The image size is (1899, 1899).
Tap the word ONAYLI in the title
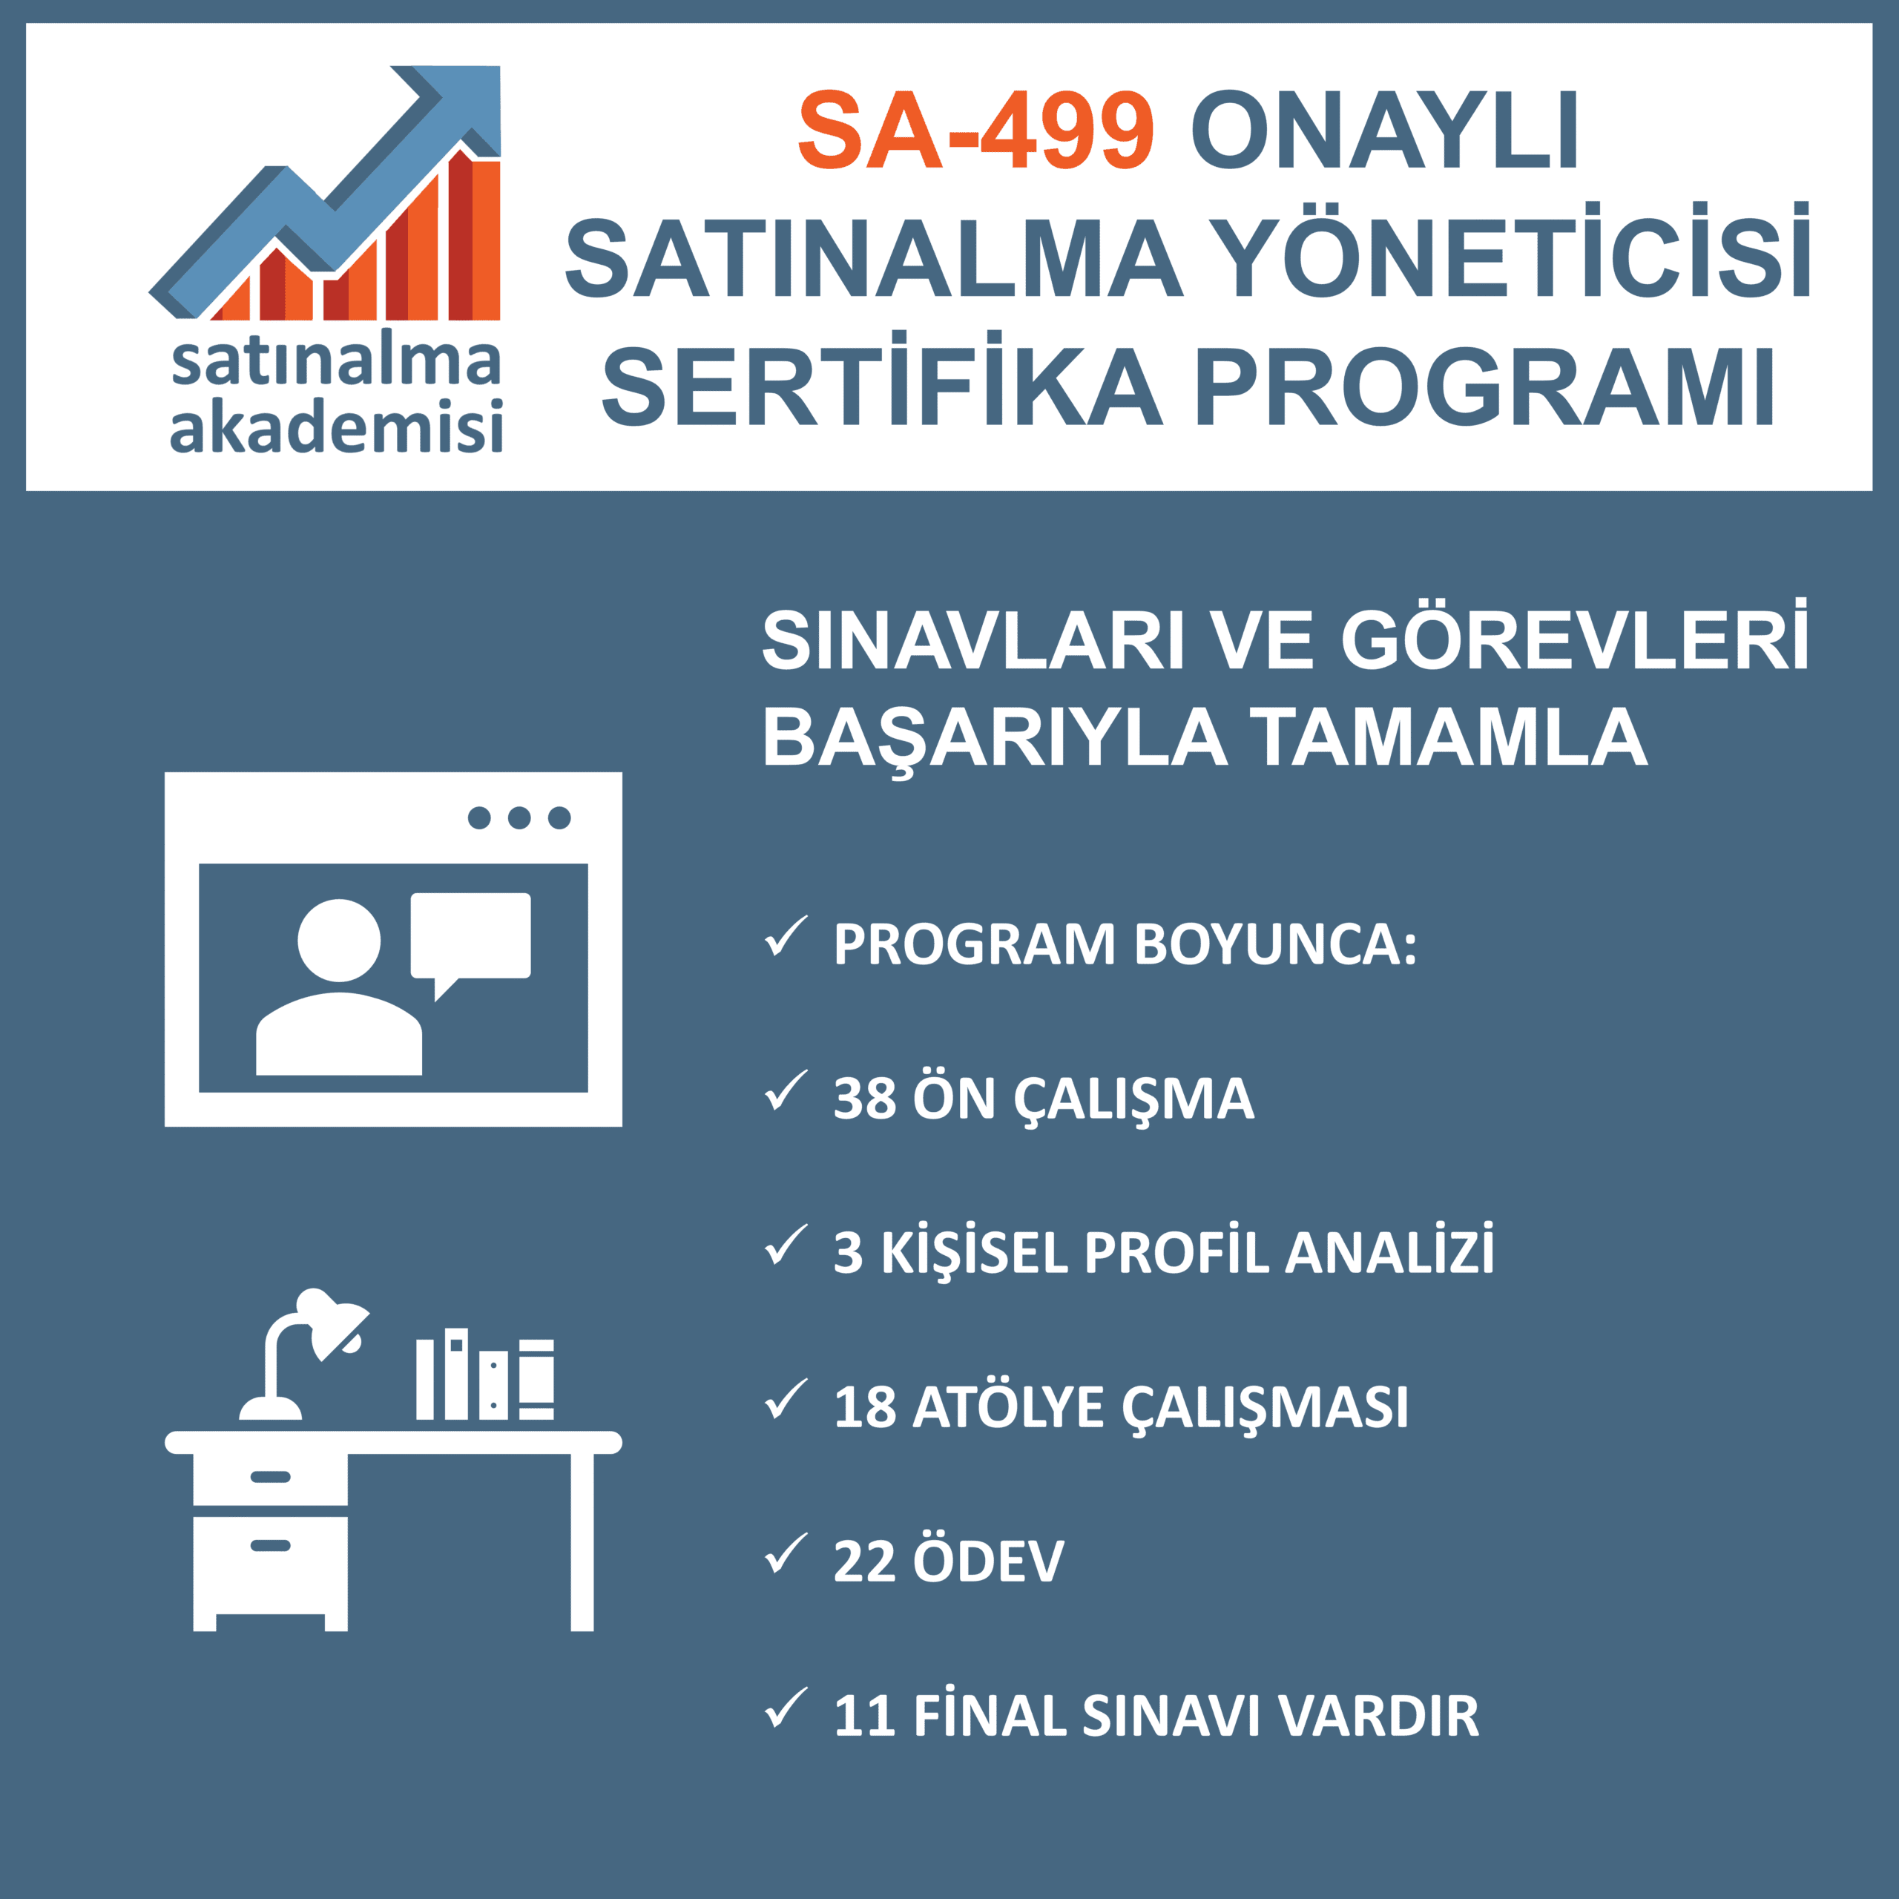[x=1385, y=131]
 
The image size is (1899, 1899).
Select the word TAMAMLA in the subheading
[x=1449, y=737]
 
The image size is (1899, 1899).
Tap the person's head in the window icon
[x=339, y=941]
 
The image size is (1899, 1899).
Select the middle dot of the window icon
[x=519, y=817]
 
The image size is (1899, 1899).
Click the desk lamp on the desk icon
[x=295, y=1357]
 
